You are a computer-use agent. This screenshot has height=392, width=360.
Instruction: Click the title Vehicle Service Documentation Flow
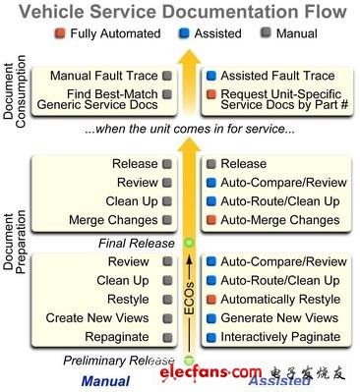[184, 13]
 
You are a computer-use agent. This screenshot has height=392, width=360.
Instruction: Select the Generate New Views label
[280, 318]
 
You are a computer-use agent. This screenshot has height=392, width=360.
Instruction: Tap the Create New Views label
[96, 318]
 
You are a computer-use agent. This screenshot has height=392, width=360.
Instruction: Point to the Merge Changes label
[107, 220]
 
